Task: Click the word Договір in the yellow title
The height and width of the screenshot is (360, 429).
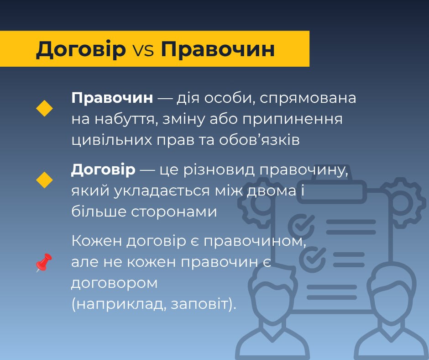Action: tap(81, 49)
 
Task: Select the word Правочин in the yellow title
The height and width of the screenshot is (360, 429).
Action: tap(218, 49)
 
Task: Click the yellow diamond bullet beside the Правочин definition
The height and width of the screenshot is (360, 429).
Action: tap(44, 108)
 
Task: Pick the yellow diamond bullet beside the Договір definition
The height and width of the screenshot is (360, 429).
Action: tap(44, 180)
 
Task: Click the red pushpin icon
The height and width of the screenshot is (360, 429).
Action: tap(44, 263)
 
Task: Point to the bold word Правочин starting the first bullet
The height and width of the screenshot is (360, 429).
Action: tap(112, 98)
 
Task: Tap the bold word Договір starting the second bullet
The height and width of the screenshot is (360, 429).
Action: tap(103, 170)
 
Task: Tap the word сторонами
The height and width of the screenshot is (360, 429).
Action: tap(174, 212)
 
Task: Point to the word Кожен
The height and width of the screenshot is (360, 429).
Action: tap(96, 241)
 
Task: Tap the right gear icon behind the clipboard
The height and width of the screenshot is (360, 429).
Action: tap(402, 203)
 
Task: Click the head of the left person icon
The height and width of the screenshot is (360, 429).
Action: tap(273, 291)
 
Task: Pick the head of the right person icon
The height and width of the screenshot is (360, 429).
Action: tap(392, 291)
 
